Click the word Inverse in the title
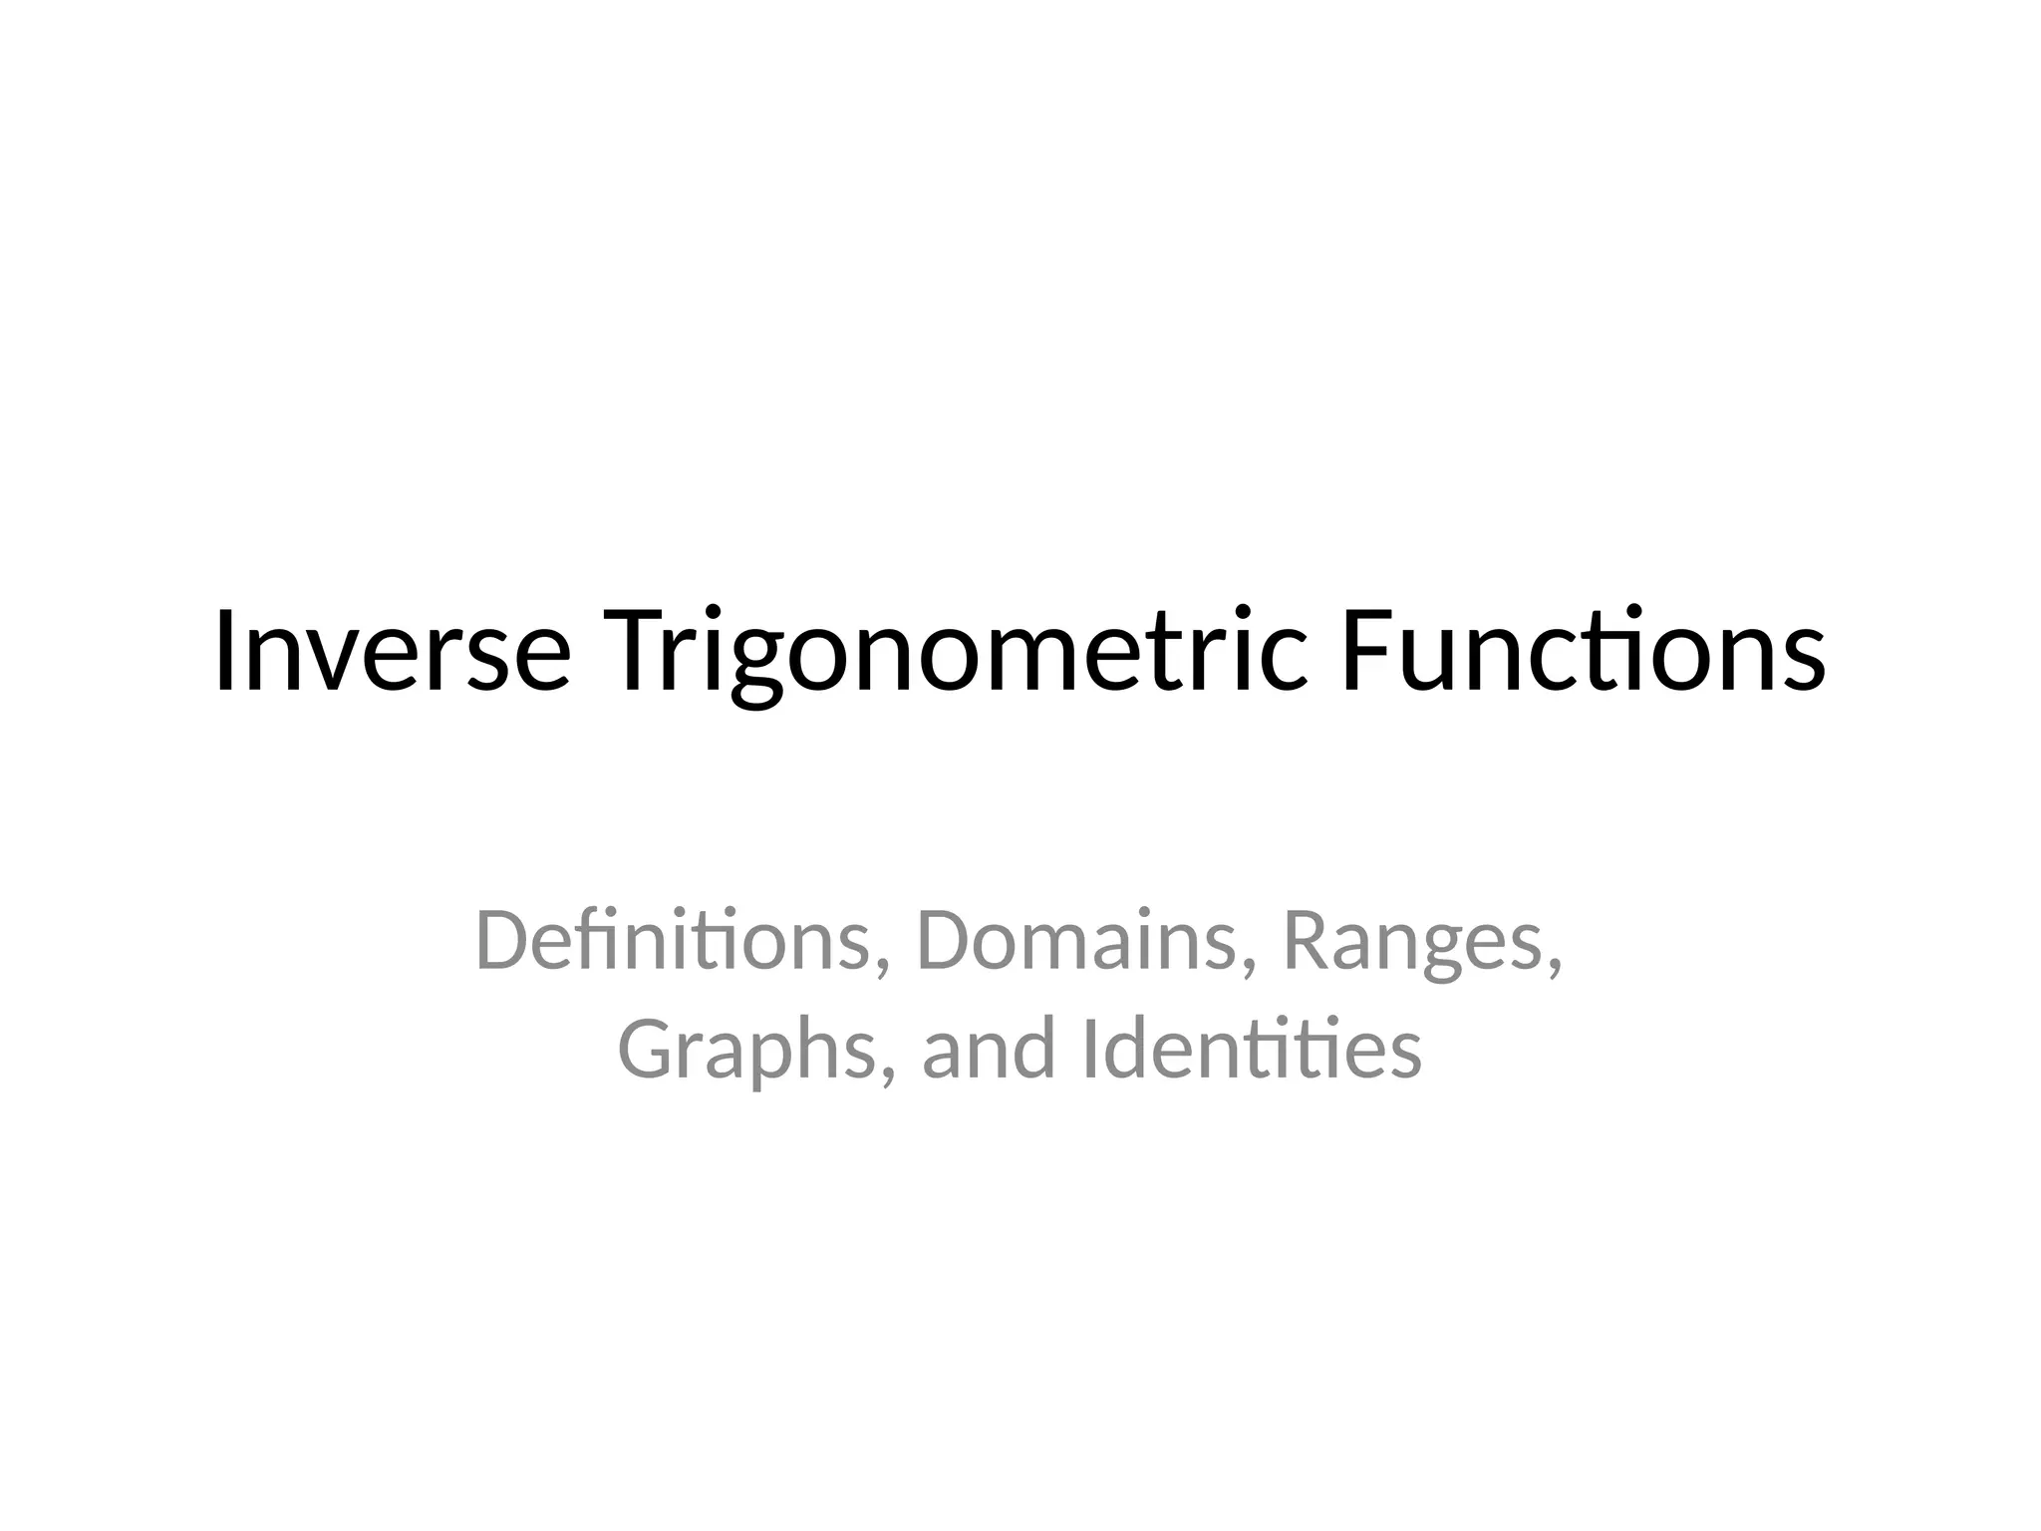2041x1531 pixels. tap(393, 653)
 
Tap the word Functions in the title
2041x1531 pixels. tap(1583, 653)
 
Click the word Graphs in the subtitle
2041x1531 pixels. tap(747, 1051)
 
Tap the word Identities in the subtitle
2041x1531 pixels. tap(1252, 1049)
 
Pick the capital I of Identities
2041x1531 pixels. tap(1089, 1049)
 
